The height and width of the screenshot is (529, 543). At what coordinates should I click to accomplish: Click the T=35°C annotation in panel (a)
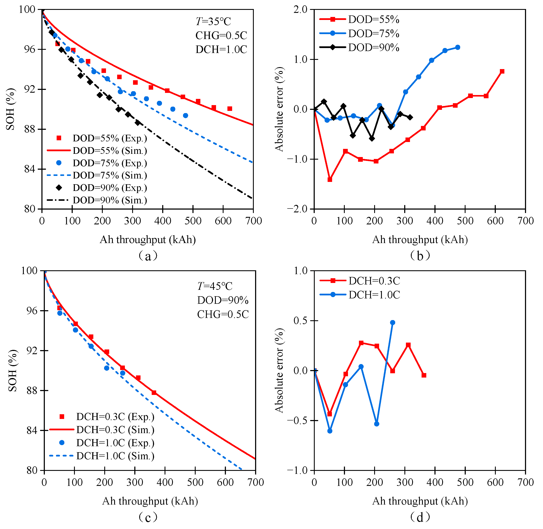point(213,21)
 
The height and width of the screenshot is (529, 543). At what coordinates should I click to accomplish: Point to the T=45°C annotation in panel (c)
point(215,286)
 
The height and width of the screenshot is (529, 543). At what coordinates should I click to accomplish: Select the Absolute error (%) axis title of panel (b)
point(279,109)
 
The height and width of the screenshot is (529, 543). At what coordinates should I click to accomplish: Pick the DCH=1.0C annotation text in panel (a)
point(221,50)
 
